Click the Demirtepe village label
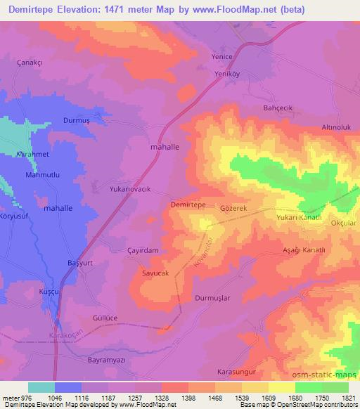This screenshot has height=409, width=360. click(188, 204)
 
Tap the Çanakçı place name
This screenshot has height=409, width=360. click(30, 62)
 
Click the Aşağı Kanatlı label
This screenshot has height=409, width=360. click(303, 250)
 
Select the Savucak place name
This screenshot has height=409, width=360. click(155, 273)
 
